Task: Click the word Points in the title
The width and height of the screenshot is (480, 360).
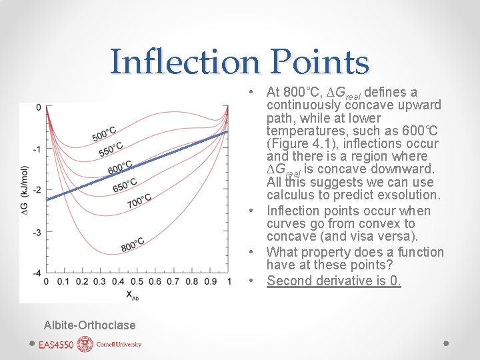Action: pyautogui.click(x=321, y=62)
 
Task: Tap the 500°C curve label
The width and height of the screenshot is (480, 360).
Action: pyautogui.click(x=105, y=133)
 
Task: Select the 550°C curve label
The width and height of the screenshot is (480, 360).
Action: pyautogui.click(x=111, y=149)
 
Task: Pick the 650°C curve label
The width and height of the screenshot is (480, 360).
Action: pyautogui.click(x=125, y=183)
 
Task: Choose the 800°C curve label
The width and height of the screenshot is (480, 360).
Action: pyautogui.click(x=133, y=245)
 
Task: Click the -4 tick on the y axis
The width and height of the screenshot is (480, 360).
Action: pyautogui.click(x=38, y=273)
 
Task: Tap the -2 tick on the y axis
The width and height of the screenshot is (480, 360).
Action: pyautogui.click(x=38, y=190)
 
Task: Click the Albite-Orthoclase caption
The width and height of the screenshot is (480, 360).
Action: pyautogui.click(x=89, y=325)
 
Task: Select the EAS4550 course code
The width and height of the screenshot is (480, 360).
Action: pyautogui.click(x=57, y=345)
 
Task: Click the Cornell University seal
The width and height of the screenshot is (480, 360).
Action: pyautogui.click(x=85, y=344)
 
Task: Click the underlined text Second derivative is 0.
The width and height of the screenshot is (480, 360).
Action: pyautogui.click(x=334, y=281)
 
